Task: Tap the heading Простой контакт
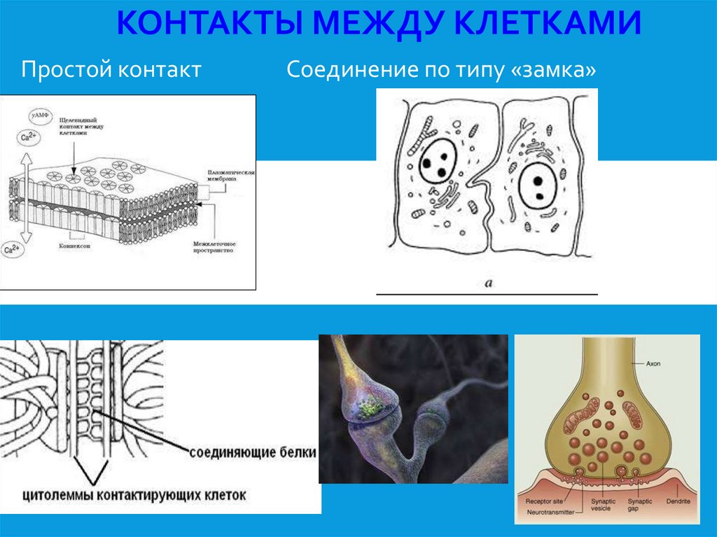pyautogui.click(x=111, y=70)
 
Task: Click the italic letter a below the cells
pyautogui.click(x=488, y=283)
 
